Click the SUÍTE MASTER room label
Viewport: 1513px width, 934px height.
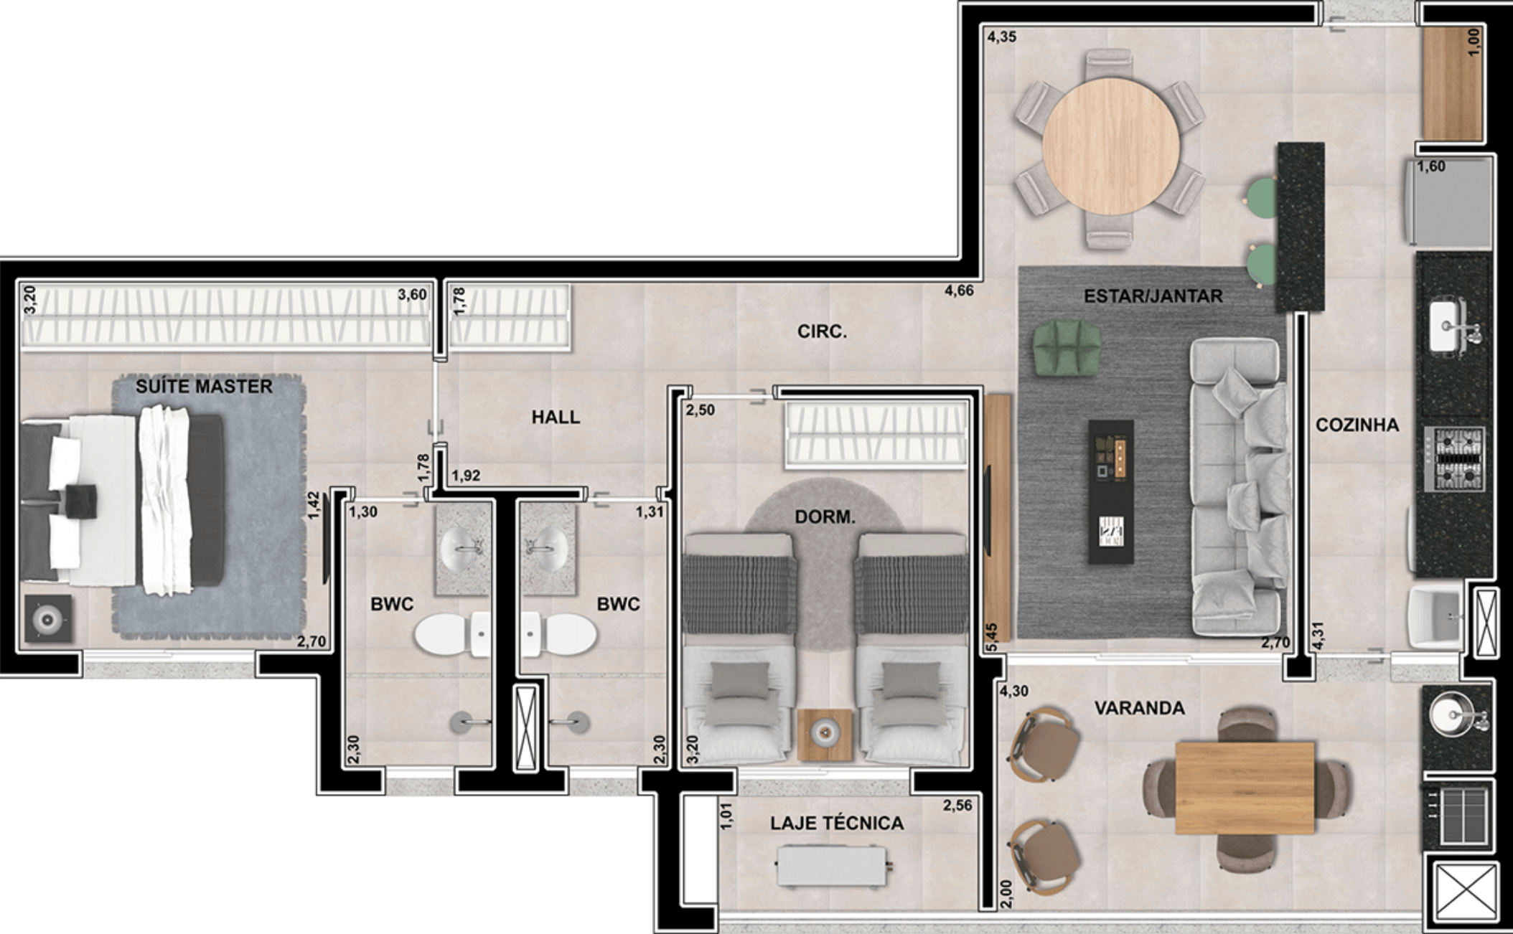204,387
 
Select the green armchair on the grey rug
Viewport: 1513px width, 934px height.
1067,347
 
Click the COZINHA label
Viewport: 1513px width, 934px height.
1357,425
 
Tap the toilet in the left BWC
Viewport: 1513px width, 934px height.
453,634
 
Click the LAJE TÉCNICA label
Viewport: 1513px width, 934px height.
837,823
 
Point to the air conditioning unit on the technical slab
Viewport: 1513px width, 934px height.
833,866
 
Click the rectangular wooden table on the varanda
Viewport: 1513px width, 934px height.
1245,788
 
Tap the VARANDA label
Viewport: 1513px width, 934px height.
1139,708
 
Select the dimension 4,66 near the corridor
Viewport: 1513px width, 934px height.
959,291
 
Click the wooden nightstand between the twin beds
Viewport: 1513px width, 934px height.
825,735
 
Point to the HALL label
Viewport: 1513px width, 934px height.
556,417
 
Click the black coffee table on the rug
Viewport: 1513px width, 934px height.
1111,492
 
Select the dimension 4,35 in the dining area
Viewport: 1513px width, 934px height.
1002,37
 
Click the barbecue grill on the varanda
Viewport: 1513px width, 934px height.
1460,816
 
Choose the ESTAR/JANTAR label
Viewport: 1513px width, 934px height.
1153,296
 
